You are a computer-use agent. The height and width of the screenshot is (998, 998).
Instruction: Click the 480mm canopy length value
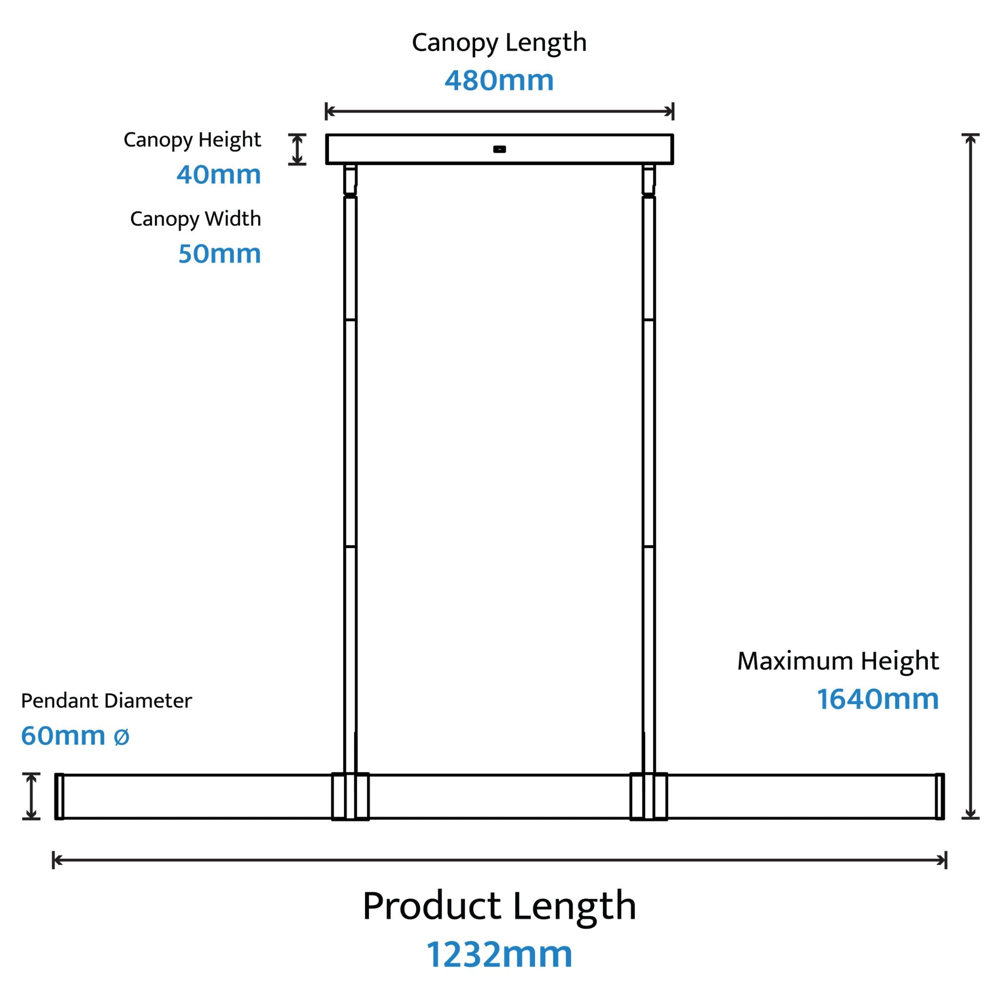499,80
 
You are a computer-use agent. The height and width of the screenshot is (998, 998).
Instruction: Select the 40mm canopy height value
218,174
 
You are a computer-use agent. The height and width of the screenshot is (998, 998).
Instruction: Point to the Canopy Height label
192,140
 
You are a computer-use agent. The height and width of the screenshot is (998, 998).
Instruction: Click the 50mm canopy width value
220,253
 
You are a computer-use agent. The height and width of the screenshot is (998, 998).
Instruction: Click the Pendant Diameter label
106,701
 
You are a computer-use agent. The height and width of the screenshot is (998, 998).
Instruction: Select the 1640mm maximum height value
878,699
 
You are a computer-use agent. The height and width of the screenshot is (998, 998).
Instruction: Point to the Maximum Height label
838,661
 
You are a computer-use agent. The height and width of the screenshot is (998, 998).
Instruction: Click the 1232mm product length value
499,955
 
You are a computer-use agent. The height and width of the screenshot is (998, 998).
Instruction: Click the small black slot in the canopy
499,149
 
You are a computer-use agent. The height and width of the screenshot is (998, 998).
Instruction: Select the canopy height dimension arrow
297,149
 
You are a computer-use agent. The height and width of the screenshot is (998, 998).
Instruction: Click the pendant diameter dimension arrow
31,796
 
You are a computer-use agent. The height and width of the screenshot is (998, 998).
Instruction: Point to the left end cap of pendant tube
59,796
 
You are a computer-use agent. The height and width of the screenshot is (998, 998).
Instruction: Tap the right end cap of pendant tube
940,796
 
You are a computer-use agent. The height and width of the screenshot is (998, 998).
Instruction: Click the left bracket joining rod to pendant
350,796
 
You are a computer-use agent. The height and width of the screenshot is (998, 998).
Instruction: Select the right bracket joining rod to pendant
649,796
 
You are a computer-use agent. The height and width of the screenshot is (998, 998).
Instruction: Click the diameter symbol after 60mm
121,737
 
